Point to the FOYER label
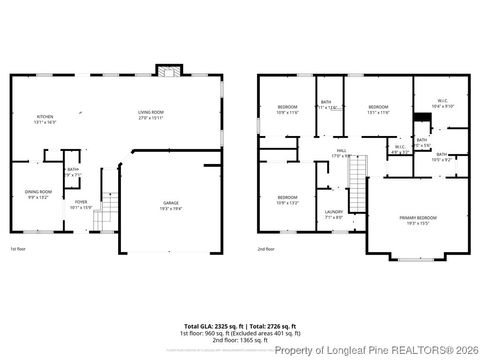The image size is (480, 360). point(80,204)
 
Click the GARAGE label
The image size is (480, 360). point(171,204)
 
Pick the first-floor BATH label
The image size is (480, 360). point(72,171)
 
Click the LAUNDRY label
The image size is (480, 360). point(333,213)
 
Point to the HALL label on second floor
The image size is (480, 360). point(341,152)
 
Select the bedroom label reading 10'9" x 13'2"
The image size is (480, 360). point(287,199)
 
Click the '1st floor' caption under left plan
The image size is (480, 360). point(18,249)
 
